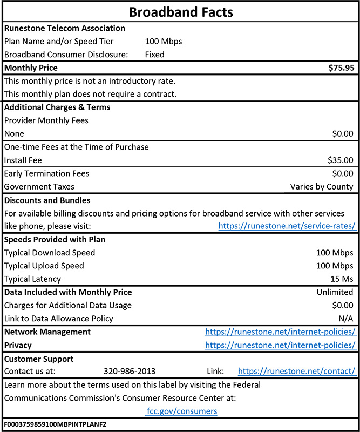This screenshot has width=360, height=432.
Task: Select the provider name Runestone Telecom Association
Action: point(64,28)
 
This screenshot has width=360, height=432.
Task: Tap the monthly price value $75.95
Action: point(341,68)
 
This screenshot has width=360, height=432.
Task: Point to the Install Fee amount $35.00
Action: point(340,160)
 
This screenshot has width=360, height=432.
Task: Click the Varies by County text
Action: point(322,187)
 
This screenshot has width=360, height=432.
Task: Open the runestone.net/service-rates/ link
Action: point(287,226)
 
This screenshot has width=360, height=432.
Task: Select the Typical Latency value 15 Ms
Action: point(343,279)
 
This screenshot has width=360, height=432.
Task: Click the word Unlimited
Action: point(335,292)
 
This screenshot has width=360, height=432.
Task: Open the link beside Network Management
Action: point(280,332)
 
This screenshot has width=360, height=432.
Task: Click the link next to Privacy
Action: point(280,345)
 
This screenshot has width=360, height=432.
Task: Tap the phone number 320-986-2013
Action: point(130,372)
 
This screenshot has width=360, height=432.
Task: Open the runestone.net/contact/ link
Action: point(296,372)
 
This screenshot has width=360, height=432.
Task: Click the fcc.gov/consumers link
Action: point(181,411)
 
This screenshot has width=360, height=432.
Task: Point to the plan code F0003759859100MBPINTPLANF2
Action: point(55,424)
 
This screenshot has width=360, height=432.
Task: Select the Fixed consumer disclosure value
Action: point(155,55)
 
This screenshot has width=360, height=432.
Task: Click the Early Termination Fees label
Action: point(46,173)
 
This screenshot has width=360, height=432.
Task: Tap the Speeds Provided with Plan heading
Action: point(55,239)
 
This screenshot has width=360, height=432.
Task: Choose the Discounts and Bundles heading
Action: point(47,200)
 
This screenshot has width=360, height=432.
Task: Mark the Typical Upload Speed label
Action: point(44,266)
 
